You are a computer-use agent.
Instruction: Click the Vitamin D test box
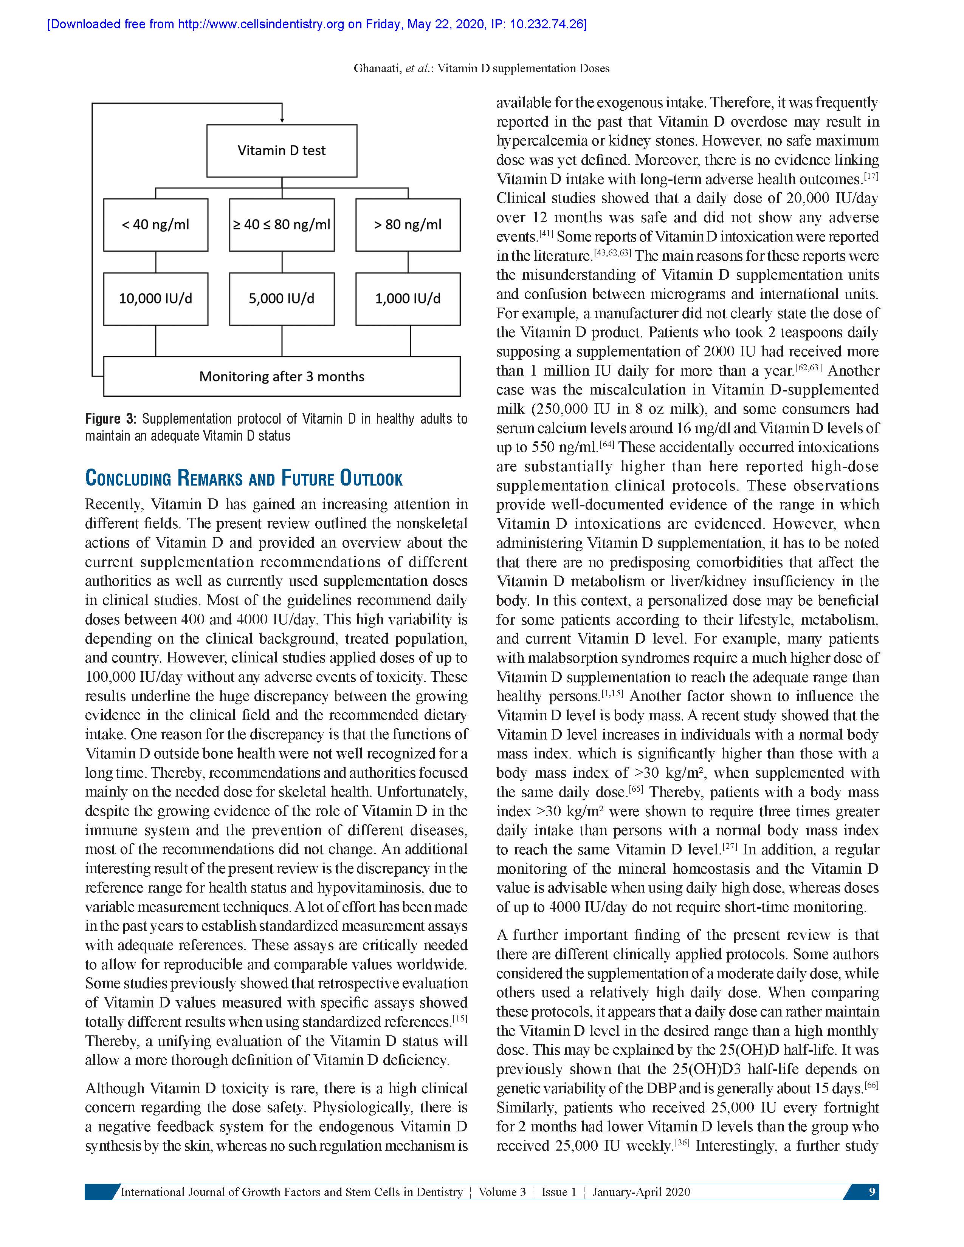tap(282, 151)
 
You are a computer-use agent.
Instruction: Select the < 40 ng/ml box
tap(155, 224)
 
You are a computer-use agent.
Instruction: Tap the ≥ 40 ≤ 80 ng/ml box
tap(282, 224)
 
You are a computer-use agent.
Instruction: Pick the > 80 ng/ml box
tap(408, 224)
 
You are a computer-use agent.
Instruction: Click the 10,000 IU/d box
tap(155, 299)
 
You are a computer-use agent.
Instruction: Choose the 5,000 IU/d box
tap(282, 299)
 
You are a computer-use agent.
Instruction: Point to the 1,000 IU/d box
tap(408, 299)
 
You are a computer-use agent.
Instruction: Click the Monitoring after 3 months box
tap(282, 376)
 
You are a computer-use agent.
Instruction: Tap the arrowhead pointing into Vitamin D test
tap(282, 120)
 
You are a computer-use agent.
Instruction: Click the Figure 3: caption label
tap(111, 419)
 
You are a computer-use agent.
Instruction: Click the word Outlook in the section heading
tap(371, 478)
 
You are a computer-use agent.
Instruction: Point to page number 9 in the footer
tap(871, 1191)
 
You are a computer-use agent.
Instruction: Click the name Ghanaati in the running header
tap(377, 68)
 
